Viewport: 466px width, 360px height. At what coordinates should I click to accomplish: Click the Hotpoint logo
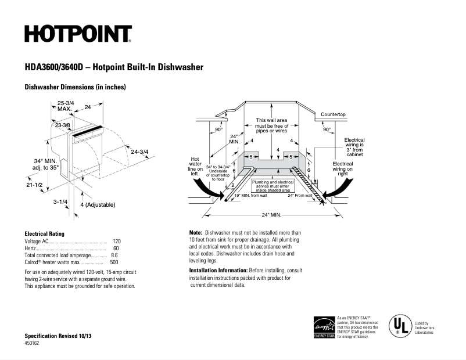pos(78,34)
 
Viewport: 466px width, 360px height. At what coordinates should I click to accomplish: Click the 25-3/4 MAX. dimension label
pos(64,106)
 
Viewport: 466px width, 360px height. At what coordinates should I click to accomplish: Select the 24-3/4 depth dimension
pos(139,152)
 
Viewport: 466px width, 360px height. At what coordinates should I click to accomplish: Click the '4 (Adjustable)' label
pos(98,204)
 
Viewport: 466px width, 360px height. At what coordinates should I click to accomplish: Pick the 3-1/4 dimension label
pos(60,201)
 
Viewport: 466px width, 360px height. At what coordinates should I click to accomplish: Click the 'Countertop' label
pos(333,114)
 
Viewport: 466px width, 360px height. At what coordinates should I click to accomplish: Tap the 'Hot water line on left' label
pos(196,165)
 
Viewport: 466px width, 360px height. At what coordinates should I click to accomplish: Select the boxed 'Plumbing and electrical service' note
pos(272,185)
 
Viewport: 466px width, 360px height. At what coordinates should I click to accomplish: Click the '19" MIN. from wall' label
pos(250,196)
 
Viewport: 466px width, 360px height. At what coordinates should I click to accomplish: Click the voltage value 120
pos(117,240)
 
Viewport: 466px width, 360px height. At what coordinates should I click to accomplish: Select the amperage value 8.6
pos(114,255)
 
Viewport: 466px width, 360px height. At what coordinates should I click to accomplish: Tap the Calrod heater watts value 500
pos(114,262)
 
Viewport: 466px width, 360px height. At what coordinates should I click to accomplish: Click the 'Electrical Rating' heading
pos(44,233)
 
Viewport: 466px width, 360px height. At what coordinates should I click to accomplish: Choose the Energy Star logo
pos(324,327)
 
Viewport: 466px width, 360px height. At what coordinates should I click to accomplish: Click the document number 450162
pos(31,343)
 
